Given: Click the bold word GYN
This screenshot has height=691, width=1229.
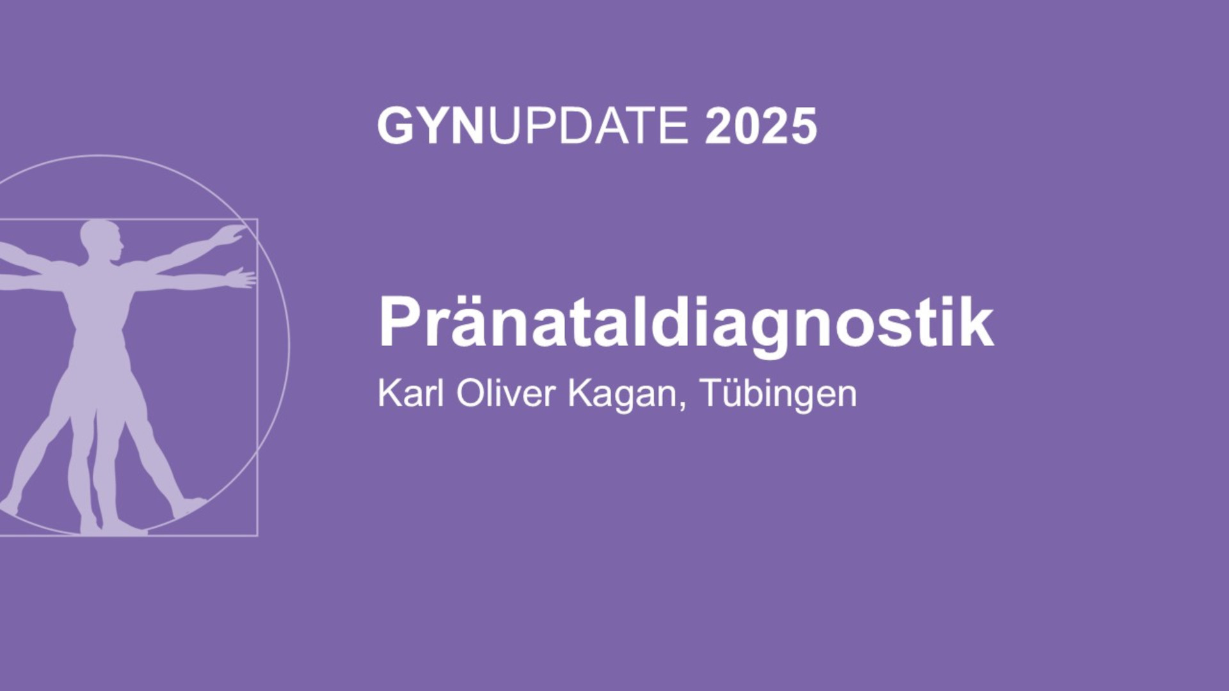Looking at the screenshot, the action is click(430, 125).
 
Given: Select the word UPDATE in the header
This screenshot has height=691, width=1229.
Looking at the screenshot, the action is click(588, 125).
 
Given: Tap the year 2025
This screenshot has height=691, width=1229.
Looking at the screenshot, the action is click(760, 126).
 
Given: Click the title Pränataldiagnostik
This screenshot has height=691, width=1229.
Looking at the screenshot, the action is click(686, 322).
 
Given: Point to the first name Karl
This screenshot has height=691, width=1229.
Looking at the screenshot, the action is click(410, 392).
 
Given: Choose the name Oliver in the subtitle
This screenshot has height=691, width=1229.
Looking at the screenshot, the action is click(506, 392).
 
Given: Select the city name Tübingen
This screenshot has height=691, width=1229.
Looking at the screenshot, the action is click(778, 394).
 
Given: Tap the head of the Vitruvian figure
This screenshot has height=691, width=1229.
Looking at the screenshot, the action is click(100, 241).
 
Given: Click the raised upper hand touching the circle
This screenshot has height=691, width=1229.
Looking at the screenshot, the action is click(231, 234).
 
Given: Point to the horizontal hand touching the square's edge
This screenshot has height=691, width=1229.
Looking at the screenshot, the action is click(241, 278).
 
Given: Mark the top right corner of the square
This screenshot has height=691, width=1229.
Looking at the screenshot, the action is click(257, 219).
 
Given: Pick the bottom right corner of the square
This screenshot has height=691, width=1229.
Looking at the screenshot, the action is click(257, 535).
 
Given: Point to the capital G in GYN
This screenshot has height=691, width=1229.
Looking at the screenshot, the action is click(396, 125).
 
